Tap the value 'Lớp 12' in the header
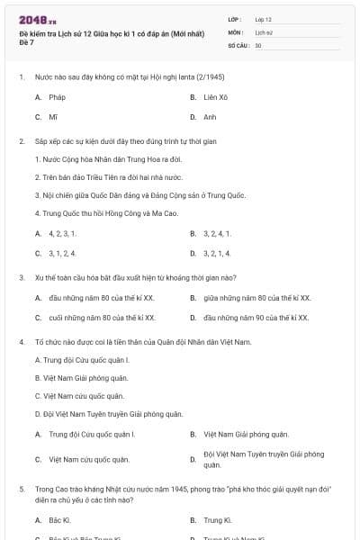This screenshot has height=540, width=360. coord(264,18)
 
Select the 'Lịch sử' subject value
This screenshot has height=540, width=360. coord(263,31)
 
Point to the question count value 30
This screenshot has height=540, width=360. coord(258,45)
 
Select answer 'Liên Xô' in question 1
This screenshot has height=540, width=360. coord(216,96)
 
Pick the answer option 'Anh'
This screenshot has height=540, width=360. coord(210,117)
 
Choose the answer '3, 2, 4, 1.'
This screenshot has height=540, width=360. coord(219,233)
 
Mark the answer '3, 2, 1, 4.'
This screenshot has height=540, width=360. coord(219,254)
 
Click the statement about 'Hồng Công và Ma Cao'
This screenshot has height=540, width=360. coord(88,213)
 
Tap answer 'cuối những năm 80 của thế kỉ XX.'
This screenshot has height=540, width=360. coord(102,318)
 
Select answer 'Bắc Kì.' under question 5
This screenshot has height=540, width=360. coord(59,520)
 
